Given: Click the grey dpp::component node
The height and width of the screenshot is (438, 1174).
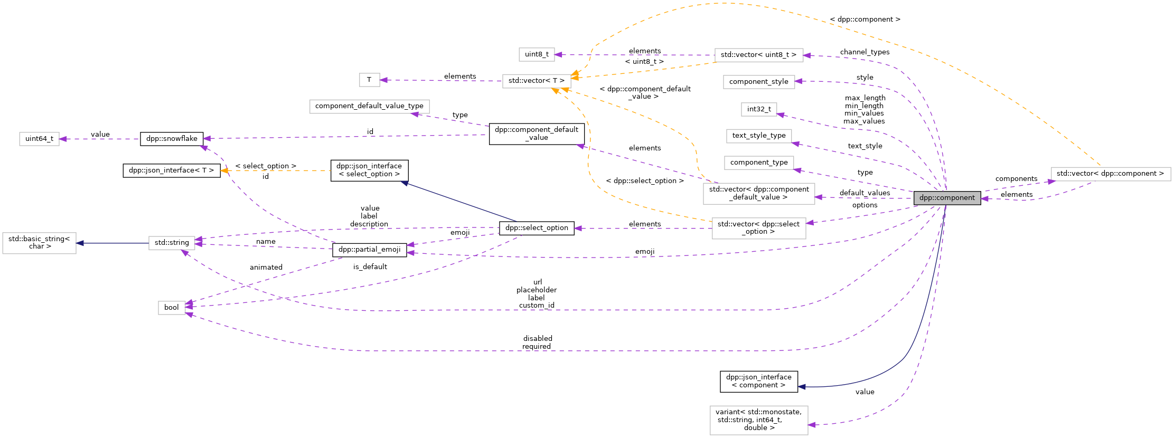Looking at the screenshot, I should pos(947,198).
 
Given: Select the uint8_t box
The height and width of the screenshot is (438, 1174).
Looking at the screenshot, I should pos(537,54).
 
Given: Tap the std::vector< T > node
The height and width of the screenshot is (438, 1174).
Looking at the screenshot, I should pos(536,81).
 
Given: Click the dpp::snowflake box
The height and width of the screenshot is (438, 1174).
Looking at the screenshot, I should pos(172,139).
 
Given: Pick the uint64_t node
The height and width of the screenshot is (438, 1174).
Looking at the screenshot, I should pos(39,139).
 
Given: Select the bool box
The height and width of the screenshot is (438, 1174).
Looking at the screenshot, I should pos(171,308).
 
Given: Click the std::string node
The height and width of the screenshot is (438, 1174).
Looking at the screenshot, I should pos(172,243).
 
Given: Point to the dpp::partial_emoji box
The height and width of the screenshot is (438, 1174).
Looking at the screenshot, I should pos(369,250).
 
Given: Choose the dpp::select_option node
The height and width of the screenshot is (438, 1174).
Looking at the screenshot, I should pos(537,228).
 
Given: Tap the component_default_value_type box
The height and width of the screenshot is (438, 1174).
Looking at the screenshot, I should pos(369,106).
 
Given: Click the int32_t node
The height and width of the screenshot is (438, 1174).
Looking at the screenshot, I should pos(758,109).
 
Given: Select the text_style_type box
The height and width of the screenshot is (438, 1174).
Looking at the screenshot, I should pos(758,136).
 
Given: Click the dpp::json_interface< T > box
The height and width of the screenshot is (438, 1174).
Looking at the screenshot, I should pos(171,170).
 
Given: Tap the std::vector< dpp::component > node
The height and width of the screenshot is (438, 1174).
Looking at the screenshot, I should pos(1110,174).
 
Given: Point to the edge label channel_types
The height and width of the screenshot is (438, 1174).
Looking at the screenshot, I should pos(865,52).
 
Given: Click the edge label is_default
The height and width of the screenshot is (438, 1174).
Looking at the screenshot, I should pos(370,267).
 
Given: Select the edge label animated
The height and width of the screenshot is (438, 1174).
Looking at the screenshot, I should pos(266,268).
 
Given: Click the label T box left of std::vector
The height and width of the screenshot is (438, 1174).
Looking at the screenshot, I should pos(369,80).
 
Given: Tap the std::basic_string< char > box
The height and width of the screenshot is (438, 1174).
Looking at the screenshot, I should pos(39,243).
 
